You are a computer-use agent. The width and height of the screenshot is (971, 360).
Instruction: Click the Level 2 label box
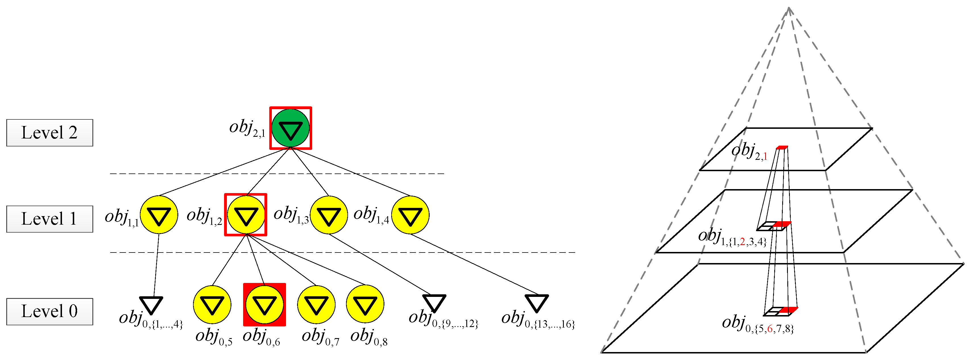[49, 133]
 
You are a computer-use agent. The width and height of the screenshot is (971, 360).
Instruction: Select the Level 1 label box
[49, 219]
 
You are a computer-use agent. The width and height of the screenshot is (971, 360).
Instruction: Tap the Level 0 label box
[49, 311]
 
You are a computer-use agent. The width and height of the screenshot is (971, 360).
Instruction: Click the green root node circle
[291, 128]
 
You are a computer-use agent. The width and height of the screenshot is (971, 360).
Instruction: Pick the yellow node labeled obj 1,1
[159, 215]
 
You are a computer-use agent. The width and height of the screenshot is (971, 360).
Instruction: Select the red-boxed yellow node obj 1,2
[246, 215]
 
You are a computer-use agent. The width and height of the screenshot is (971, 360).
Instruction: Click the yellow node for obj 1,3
[329, 215]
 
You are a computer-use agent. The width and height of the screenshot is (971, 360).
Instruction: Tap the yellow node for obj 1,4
[410, 215]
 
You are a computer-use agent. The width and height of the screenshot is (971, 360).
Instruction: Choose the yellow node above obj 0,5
[212, 305]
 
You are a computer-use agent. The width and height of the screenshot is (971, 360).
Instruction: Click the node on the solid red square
[264, 305]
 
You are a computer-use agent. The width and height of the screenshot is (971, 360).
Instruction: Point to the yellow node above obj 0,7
[316, 305]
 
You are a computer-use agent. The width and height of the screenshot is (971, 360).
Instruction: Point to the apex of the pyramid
[788, 8]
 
